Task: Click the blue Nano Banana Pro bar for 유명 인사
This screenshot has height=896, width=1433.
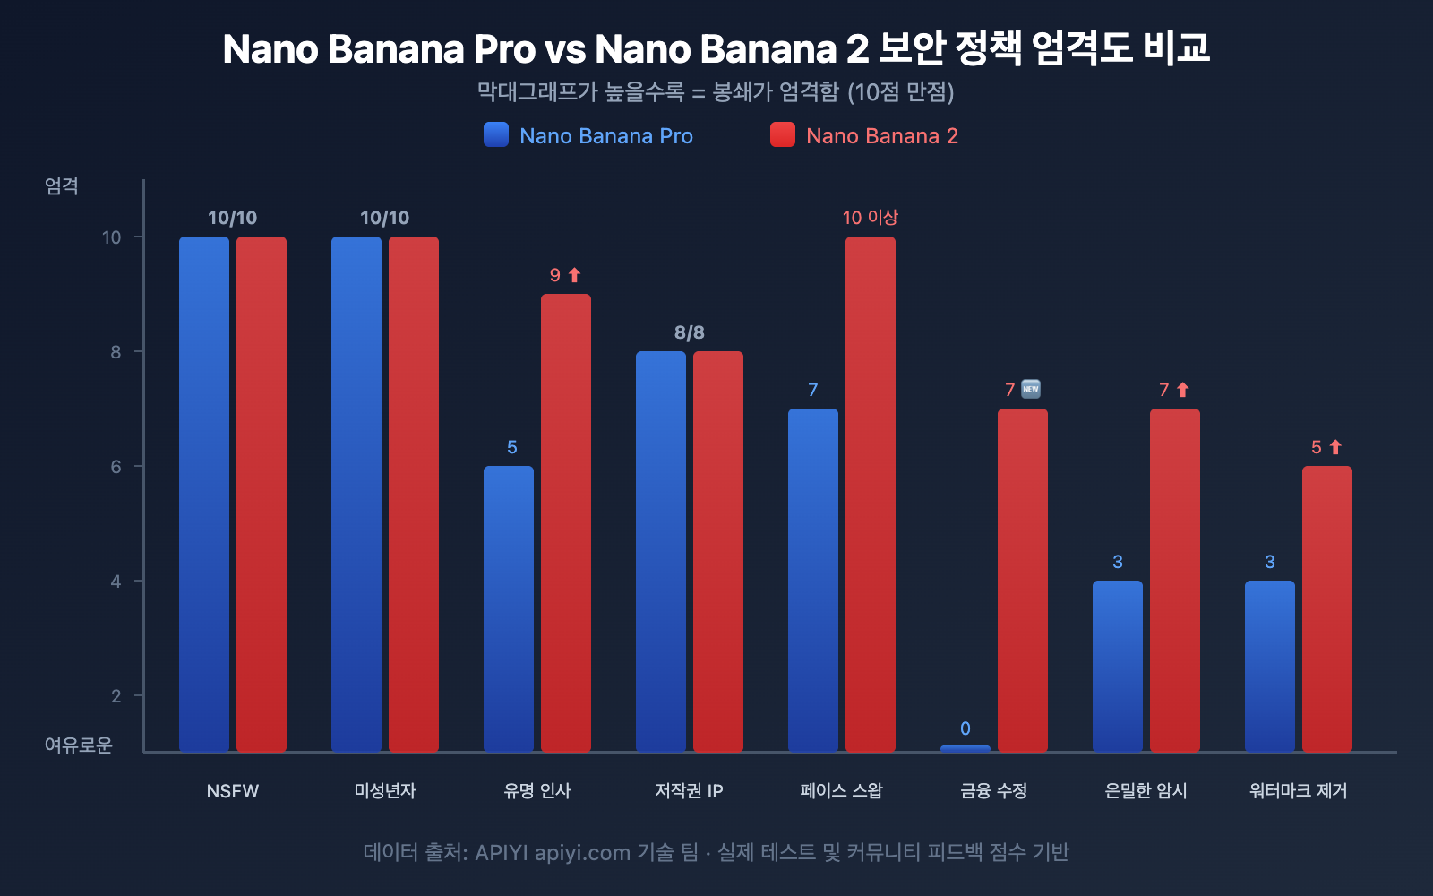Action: click(x=509, y=608)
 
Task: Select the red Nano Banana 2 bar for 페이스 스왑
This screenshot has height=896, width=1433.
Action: click(x=871, y=494)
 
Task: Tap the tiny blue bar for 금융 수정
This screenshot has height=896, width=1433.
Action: click(x=965, y=748)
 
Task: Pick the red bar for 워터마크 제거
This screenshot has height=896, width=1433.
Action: click(x=1327, y=608)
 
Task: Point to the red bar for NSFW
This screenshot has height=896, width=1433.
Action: click(x=262, y=494)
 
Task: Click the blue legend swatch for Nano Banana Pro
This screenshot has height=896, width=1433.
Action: click(x=496, y=134)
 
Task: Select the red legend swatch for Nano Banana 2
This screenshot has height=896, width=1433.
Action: click(x=783, y=134)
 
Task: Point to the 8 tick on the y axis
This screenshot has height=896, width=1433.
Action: click(x=116, y=352)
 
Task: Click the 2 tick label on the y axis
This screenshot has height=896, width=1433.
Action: click(x=116, y=696)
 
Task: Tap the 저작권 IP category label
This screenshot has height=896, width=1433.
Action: click(x=689, y=790)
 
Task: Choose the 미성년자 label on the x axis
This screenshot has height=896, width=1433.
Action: click(x=385, y=790)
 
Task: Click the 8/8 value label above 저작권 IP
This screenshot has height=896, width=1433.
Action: click(x=690, y=332)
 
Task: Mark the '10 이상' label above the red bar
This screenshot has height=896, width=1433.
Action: click(x=870, y=218)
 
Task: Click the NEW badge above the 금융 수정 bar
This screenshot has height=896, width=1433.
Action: click(x=1031, y=389)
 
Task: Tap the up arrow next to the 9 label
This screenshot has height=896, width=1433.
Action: click(x=575, y=275)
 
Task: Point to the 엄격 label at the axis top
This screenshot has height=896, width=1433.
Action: click(x=62, y=186)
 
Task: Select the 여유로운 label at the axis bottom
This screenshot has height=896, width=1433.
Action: click(x=79, y=745)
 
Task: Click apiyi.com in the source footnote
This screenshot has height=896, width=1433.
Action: click(x=582, y=852)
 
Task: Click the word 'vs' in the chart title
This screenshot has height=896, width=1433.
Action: click(x=564, y=49)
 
